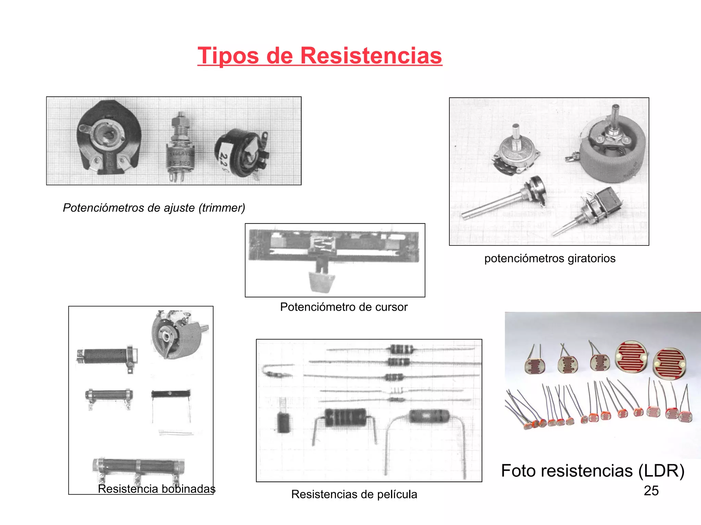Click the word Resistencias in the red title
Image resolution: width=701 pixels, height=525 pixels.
pyautogui.click(x=371, y=56)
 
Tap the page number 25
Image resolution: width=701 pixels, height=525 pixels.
pyautogui.click(x=651, y=491)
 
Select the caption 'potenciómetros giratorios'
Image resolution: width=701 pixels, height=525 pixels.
pyautogui.click(x=550, y=258)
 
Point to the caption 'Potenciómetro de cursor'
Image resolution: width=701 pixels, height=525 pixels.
pyautogui.click(x=344, y=307)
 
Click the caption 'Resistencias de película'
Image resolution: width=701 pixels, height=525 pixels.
pyautogui.click(x=354, y=494)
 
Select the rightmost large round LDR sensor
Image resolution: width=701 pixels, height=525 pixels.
pyautogui.click(x=669, y=363)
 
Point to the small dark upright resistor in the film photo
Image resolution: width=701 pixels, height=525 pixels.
pyautogui.click(x=283, y=422)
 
